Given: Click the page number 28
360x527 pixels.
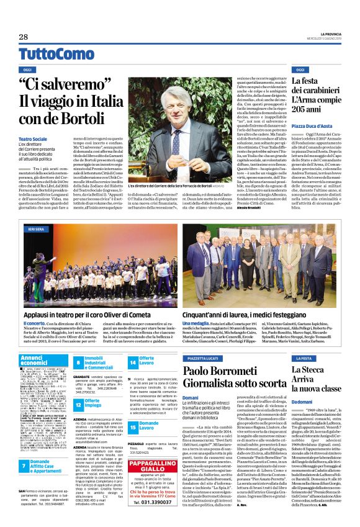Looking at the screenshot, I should coord(24,37).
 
